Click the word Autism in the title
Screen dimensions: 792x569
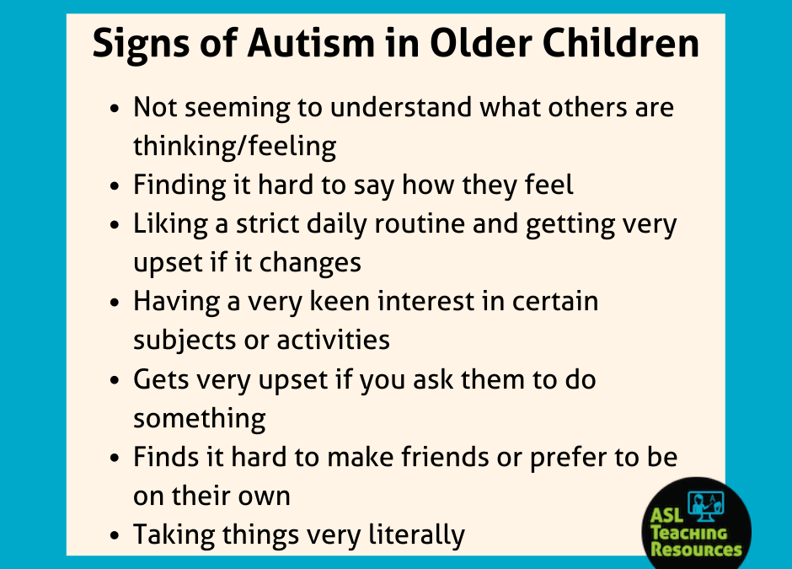pyautogui.click(x=311, y=43)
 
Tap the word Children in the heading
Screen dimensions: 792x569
pyautogui.click(x=621, y=43)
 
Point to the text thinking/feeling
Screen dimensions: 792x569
pyautogui.click(x=234, y=147)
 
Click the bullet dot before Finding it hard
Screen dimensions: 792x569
pyautogui.click(x=115, y=185)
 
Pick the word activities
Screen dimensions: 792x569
pyautogui.click(x=334, y=340)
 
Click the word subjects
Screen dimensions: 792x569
pyautogui.click(x=185, y=341)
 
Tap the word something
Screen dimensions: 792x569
pyautogui.click(x=200, y=419)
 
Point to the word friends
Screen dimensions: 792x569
pyautogui.click(x=445, y=457)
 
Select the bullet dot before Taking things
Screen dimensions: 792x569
pyautogui.click(x=115, y=535)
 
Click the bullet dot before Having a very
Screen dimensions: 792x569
pyautogui.click(x=115, y=302)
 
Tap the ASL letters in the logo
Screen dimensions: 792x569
pyautogui.click(x=666, y=515)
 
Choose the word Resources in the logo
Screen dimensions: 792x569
pyautogui.click(x=696, y=549)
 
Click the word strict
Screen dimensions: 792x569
pyautogui.click(x=267, y=223)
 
